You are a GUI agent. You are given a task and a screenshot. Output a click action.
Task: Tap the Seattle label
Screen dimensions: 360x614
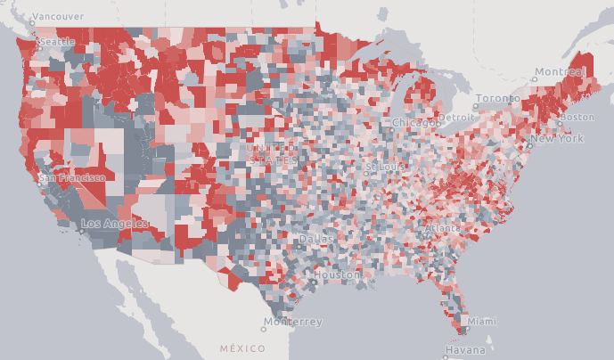click(x=56, y=42)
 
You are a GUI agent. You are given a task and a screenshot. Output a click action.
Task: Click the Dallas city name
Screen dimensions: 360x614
click(x=317, y=240)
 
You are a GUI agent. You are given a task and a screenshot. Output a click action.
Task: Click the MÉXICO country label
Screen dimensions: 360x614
click(x=243, y=348)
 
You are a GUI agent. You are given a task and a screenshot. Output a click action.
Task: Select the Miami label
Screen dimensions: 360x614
click(x=482, y=321)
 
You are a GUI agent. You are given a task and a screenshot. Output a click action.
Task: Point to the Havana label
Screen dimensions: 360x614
click(x=464, y=350)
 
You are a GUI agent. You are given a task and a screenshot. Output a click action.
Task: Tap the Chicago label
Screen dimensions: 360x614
click(x=413, y=122)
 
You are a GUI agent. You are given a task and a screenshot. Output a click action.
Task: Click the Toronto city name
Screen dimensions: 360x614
click(x=497, y=98)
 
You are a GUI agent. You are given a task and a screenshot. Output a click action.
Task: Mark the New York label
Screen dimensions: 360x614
click(x=557, y=139)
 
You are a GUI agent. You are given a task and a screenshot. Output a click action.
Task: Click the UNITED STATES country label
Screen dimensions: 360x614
click(x=272, y=153)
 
